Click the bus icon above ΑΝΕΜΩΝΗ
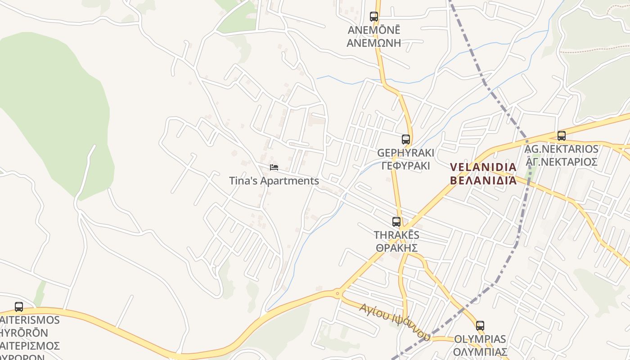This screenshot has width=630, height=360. click(374, 17)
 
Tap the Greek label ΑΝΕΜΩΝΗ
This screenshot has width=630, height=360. click(373, 43)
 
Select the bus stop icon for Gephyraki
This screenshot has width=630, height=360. click(406, 139)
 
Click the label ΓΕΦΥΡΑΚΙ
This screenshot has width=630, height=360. click(405, 166)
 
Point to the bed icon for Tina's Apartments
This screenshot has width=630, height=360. click(274, 167)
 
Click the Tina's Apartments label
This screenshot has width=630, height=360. click(274, 181)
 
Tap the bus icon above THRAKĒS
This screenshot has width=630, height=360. click(396, 221)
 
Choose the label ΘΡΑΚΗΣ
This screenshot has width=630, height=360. click(397, 248)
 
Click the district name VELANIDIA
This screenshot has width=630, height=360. click(483, 167)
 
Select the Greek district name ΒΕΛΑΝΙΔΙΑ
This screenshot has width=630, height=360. click(483, 180)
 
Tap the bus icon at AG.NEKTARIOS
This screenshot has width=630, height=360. click(561, 135)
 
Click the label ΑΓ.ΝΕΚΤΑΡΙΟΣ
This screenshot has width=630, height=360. click(562, 162)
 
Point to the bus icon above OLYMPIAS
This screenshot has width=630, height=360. click(480, 325)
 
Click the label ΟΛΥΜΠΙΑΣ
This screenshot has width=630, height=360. click(480, 351)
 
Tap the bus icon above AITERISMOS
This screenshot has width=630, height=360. click(19, 307)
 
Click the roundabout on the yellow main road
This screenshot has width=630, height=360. click(337, 293)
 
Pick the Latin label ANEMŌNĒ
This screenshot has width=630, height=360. click(373, 30)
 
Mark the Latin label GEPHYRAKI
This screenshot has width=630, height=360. click(405, 153)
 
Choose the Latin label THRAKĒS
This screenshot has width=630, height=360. click(396, 235)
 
